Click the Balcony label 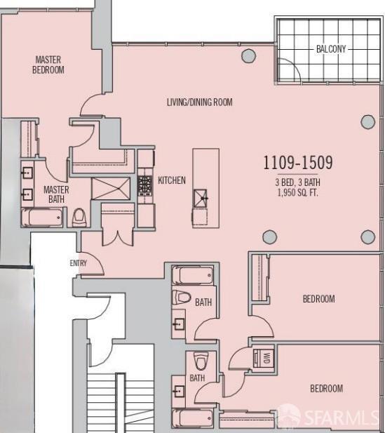pos(330,48)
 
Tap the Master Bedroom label pos(49,65)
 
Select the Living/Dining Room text pos(199,102)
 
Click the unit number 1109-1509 pos(297,163)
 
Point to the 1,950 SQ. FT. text pos(297,192)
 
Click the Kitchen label pos(172,180)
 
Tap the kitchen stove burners pos(145,185)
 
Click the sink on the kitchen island pos(201,199)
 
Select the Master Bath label pos(56,194)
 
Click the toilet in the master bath pos(79,216)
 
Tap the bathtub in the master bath pos(41,217)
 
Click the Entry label pos(78,263)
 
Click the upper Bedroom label pos(318,299)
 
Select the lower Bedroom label pos(327,388)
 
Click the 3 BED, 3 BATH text pos(297,182)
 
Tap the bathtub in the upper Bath pos(191,274)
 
